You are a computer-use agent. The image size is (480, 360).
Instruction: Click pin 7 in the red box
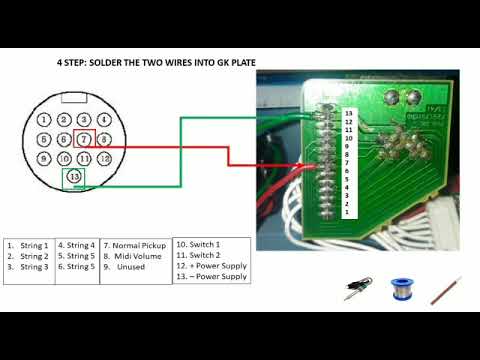85,138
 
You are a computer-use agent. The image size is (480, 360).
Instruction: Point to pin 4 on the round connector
44,139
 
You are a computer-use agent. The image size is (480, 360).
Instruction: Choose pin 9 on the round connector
43,159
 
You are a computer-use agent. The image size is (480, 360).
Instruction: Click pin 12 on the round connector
103,159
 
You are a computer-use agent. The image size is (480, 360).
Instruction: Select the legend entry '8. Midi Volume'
133,256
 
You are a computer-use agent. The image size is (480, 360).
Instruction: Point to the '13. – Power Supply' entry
211,277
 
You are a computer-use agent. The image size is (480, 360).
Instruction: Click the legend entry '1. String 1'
27,245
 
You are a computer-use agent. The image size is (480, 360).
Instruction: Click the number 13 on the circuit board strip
347,113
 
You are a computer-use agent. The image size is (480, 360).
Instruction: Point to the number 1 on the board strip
347,212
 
